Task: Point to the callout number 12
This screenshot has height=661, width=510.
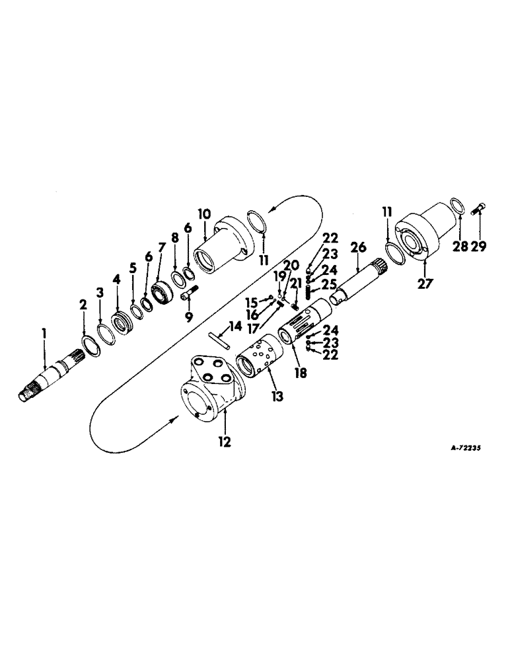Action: click(x=225, y=442)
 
